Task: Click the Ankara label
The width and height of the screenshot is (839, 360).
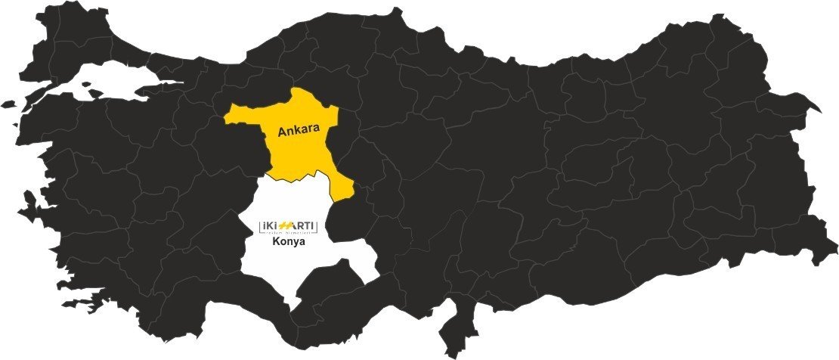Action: [300, 131]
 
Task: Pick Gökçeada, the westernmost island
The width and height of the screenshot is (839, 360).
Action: [8, 104]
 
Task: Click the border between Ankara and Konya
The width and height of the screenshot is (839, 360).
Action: [302, 177]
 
